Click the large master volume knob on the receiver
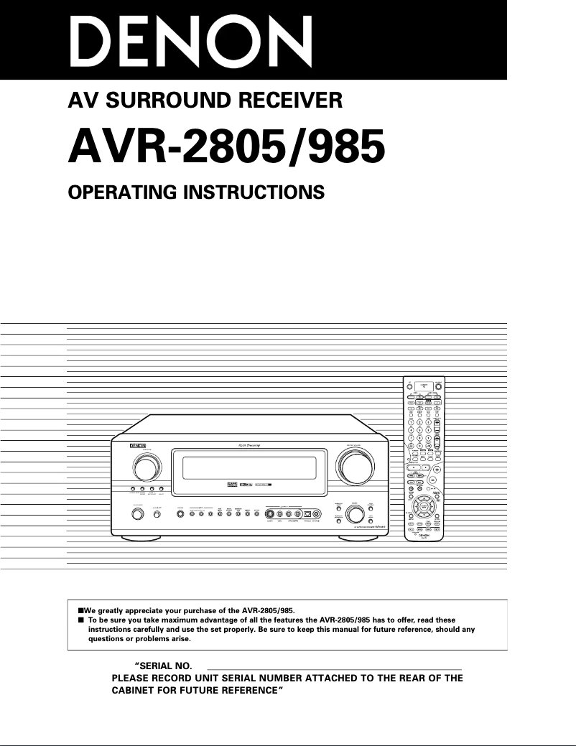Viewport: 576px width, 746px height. point(356,467)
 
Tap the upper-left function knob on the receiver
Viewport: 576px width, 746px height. point(147,467)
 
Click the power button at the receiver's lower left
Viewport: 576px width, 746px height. point(136,514)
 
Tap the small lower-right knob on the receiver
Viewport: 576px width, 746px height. point(354,514)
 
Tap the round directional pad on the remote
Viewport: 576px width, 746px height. point(424,506)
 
